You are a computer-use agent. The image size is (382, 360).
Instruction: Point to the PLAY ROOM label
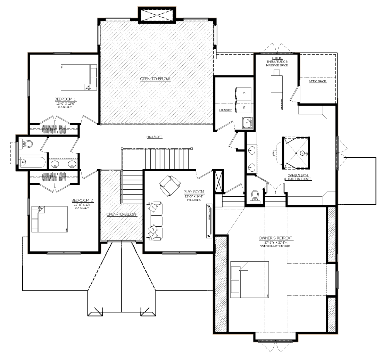(194, 192)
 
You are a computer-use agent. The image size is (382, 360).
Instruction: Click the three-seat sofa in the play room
(154, 221)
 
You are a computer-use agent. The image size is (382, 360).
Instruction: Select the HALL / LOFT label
(155, 137)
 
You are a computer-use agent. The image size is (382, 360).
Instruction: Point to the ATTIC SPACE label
(317, 81)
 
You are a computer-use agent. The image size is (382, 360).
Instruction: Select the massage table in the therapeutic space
(277, 90)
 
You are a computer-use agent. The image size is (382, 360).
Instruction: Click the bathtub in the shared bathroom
(32, 162)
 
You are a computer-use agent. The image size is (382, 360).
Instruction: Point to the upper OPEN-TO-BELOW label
(155, 79)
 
